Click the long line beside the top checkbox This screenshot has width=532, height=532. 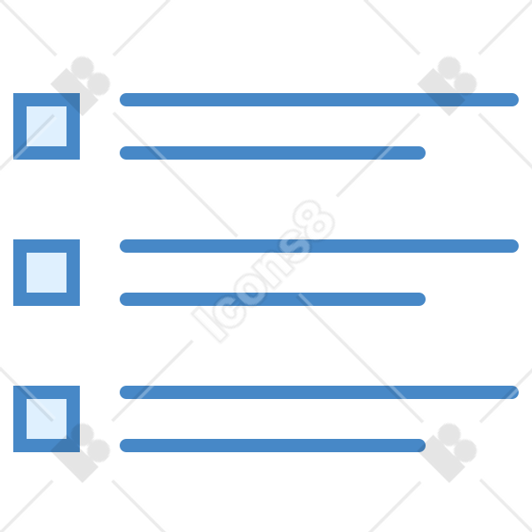(x=319, y=99)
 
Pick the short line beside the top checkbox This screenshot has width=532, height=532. (x=272, y=153)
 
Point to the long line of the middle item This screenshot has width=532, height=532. (x=319, y=246)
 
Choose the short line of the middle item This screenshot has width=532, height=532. (x=272, y=300)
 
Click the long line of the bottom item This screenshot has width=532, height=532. (x=319, y=392)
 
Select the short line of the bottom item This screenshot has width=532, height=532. (x=272, y=445)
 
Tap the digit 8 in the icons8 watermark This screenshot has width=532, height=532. (x=314, y=221)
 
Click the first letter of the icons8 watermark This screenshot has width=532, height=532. (x=210, y=325)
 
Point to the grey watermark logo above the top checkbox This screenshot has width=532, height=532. (x=81, y=86)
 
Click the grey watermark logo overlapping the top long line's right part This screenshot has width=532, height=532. (x=447, y=86)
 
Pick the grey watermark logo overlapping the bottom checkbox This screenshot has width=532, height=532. (x=81, y=452)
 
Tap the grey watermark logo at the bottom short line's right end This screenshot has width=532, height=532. (x=447, y=452)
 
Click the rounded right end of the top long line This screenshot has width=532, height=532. (x=513, y=99)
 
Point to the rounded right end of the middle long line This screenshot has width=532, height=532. (x=513, y=246)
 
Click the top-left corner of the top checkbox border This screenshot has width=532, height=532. (x=13, y=93)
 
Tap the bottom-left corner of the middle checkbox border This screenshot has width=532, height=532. (x=13, y=305)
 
